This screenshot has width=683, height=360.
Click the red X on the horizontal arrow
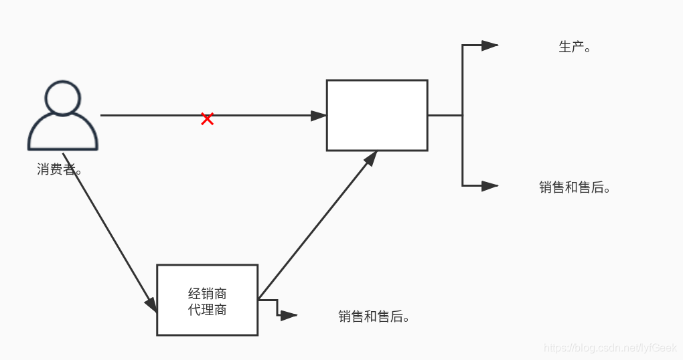(x=207, y=119)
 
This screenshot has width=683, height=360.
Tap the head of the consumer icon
(x=63, y=98)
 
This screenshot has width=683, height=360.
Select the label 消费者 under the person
(x=60, y=169)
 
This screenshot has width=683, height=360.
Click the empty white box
(x=377, y=115)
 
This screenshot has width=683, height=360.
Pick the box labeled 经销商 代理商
(x=207, y=300)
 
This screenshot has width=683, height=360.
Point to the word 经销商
(x=207, y=293)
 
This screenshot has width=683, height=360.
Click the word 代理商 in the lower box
(x=207, y=310)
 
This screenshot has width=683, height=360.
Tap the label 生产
(x=574, y=47)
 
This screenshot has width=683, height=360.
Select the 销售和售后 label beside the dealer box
(x=374, y=317)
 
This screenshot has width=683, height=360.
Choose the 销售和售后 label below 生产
(x=575, y=187)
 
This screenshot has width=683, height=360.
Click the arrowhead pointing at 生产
(x=489, y=46)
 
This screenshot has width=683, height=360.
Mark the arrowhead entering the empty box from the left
(x=319, y=115)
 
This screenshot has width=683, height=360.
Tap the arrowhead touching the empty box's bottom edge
(x=370, y=157)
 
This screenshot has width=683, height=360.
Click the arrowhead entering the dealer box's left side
(x=151, y=304)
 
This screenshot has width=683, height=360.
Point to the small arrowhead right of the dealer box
(x=289, y=316)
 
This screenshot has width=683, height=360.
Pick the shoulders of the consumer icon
(x=63, y=134)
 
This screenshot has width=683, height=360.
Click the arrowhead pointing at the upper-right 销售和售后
(x=489, y=186)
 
